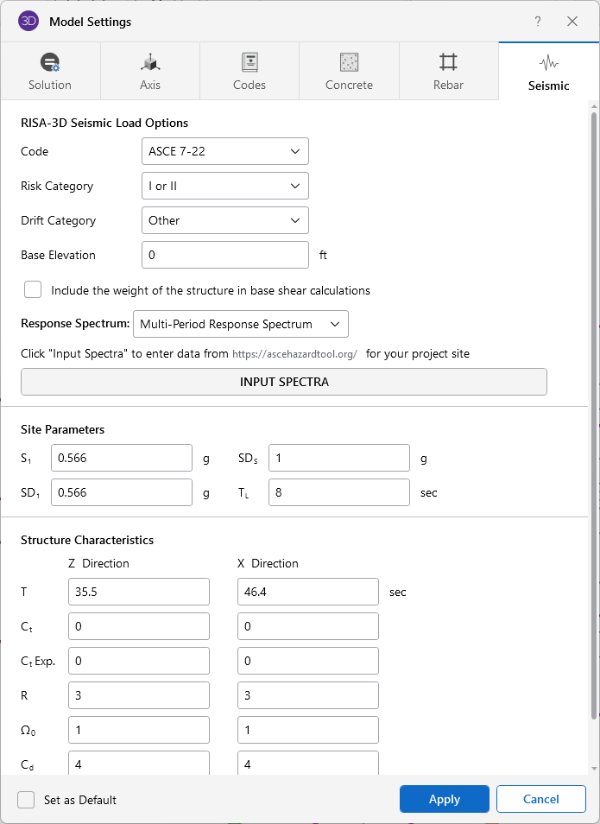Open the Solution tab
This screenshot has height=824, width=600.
[x=50, y=72]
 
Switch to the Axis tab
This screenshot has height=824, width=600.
[x=150, y=72]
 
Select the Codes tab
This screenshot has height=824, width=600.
[x=249, y=72]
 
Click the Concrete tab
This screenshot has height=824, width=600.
[x=349, y=72]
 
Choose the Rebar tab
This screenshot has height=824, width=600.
[x=448, y=72]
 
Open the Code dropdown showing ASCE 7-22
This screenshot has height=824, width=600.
[x=224, y=151]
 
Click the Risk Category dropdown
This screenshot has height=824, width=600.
[x=224, y=186]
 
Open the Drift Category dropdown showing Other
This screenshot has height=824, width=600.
[x=224, y=220]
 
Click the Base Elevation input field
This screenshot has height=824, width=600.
[x=224, y=255]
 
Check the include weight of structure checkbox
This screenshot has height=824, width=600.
[x=33, y=289]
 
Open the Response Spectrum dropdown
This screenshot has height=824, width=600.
[x=241, y=324]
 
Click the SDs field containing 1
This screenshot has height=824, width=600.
[x=338, y=458]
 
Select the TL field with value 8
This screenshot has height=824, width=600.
[x=338, y=492]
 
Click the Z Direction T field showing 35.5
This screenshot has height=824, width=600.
[x=138, y=592]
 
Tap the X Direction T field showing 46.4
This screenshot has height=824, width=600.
[x=307, y=592]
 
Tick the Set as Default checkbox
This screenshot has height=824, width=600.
[x=26, y=799]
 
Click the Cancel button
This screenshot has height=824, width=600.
[x=541, y=799]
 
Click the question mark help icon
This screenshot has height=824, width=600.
[x=538, y=22]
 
